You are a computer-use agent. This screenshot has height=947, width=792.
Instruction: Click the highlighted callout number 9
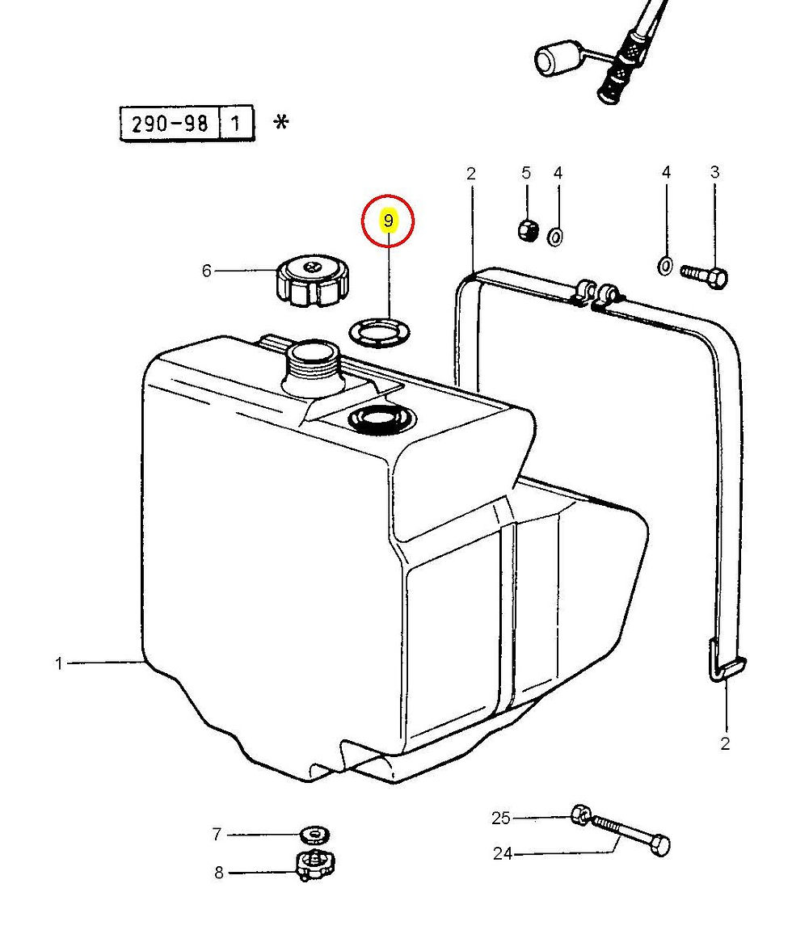click(389, 221)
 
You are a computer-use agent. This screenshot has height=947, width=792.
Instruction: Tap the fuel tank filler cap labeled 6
click(313, 280)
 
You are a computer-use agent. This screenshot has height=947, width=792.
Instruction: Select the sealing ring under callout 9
click(380, 331)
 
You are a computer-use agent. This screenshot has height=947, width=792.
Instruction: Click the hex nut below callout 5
click(528, 230)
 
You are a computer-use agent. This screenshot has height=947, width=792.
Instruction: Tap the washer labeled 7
click(314, 835)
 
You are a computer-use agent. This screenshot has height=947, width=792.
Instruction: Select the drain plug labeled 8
click(314, 867)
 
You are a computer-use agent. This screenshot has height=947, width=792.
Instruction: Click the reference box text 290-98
click(170, 124)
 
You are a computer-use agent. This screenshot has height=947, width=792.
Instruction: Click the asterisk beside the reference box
click(281, 122)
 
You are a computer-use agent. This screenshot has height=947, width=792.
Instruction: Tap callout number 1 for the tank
click(59, 663)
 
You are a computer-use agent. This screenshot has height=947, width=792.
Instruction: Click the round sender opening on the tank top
click(379, 419)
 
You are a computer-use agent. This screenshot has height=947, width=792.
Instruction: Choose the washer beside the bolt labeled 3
click(664, 266)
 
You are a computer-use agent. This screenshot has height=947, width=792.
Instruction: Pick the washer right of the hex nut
click(556, 236)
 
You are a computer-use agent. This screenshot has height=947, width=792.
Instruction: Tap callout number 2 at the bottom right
click(725, 743)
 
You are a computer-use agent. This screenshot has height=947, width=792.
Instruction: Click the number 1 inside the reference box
click(236, 124)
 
